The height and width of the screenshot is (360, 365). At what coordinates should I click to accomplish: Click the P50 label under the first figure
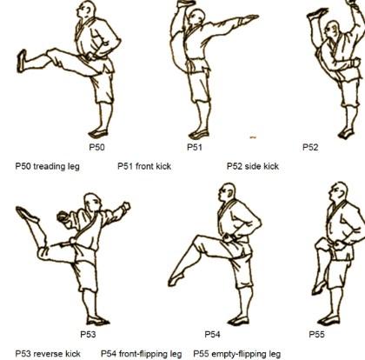click(x=96, y=147)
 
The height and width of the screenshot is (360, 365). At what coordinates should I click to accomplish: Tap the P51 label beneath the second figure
click(x=195, y=147)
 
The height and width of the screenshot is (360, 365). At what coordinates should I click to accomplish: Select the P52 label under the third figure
click(x=310, y=147)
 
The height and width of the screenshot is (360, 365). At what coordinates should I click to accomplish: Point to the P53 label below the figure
click(x=88, y=335)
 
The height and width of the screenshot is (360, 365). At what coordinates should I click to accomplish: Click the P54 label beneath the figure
click(x=212, y=335)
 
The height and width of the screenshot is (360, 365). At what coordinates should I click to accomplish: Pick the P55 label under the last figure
click(x=316, y=335)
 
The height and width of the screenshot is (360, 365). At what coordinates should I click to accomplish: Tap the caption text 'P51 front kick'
click(x=144, y=166)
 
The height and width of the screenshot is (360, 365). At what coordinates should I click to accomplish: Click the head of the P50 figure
click(x=86, y=10)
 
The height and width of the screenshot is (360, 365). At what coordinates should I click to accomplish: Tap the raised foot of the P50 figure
click(x=22, y=61)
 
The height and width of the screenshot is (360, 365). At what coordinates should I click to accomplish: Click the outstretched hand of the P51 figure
click(x=249, y=19)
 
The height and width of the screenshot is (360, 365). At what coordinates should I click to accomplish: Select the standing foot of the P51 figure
click(x=199, y=135)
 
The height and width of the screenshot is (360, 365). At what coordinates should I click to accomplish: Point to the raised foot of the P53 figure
click(x=27, y=215)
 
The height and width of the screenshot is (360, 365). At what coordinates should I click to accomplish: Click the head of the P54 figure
click(x=227, y=192)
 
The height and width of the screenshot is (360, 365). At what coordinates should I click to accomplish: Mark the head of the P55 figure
click(x=338, y=191)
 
